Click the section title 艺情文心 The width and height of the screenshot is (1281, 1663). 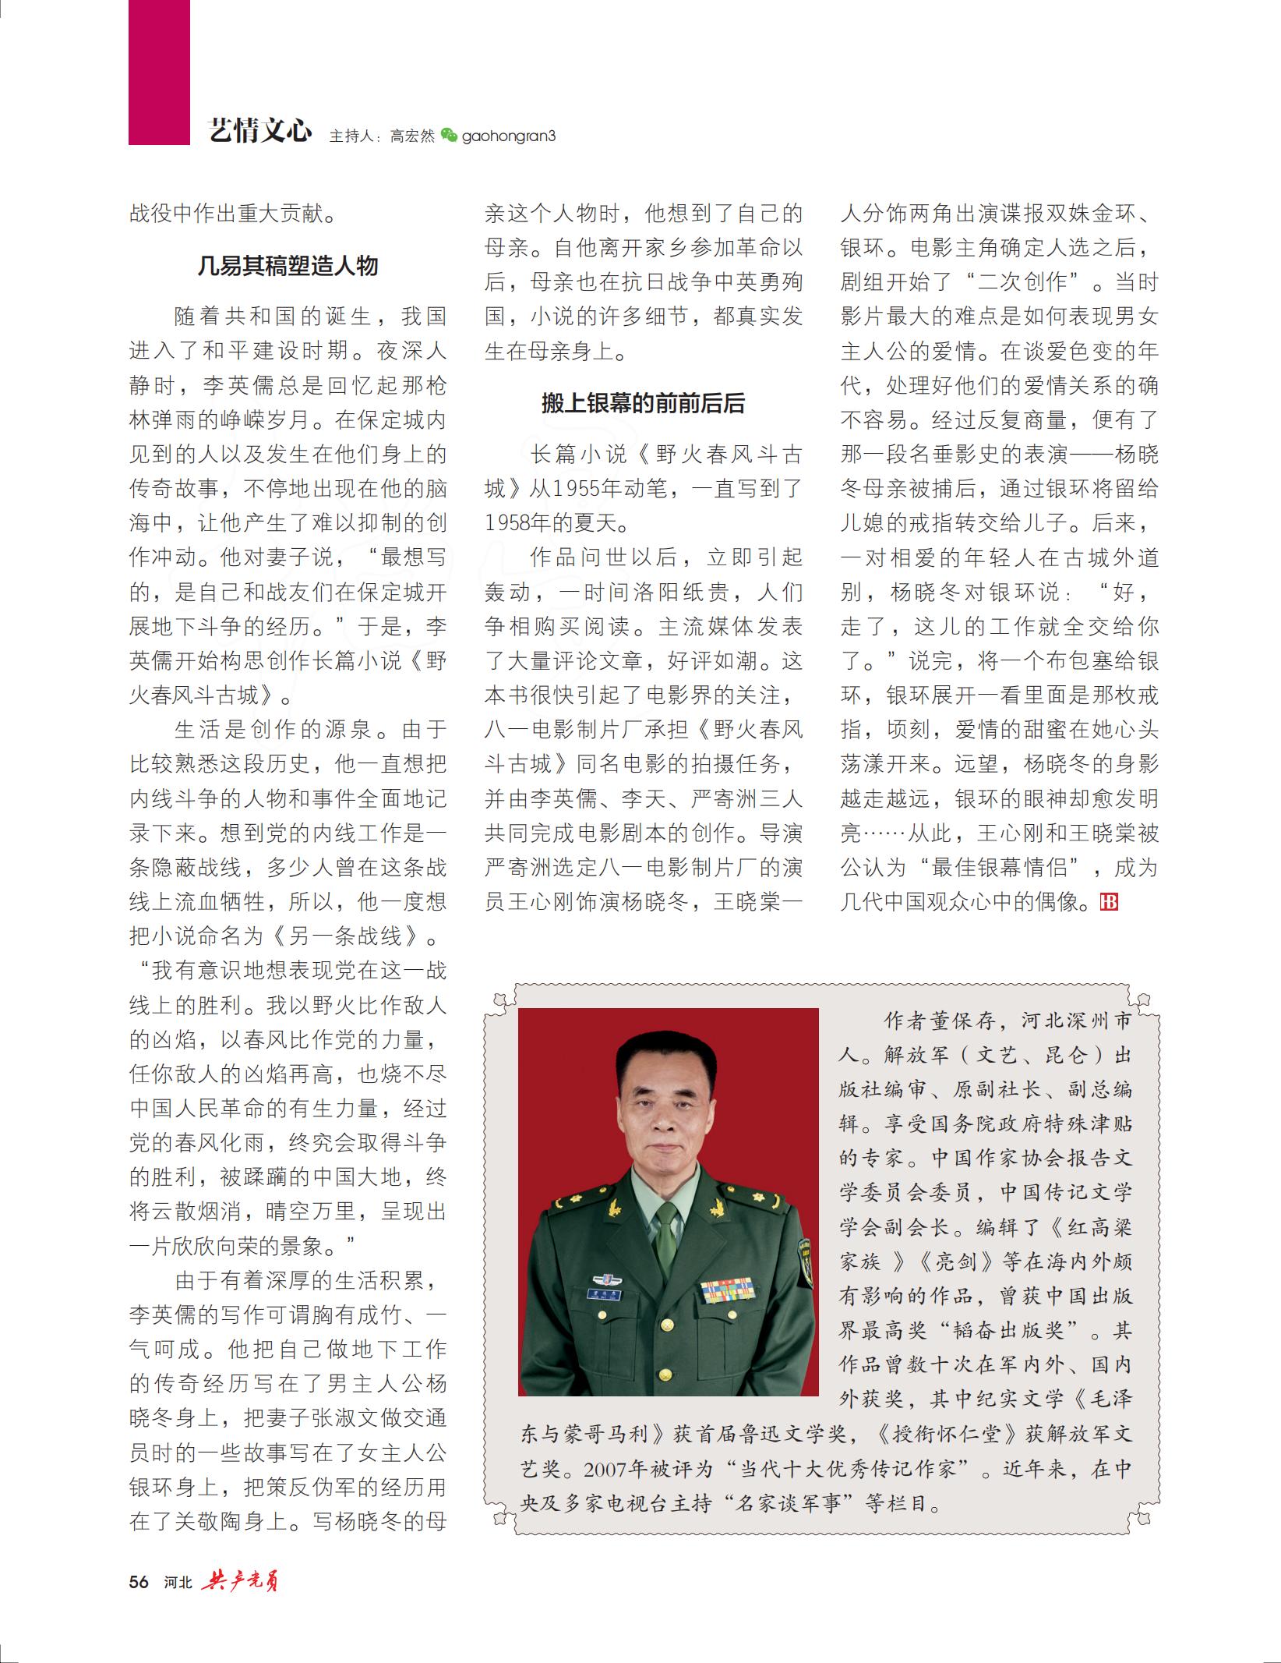(x=260, y=131)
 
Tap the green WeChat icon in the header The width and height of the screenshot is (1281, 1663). (x=449, y=135)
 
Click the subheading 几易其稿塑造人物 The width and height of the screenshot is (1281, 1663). (x=288, y=266)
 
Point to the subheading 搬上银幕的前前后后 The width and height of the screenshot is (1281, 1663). (x=643, y=403)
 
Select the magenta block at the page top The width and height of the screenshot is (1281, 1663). (x=159, y=72)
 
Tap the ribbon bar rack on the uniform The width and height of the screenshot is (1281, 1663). (x=726, y=1290)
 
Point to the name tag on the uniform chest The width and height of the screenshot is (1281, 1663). (x=604, y=1294)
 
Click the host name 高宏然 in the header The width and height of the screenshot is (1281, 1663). (x=412, y=136)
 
